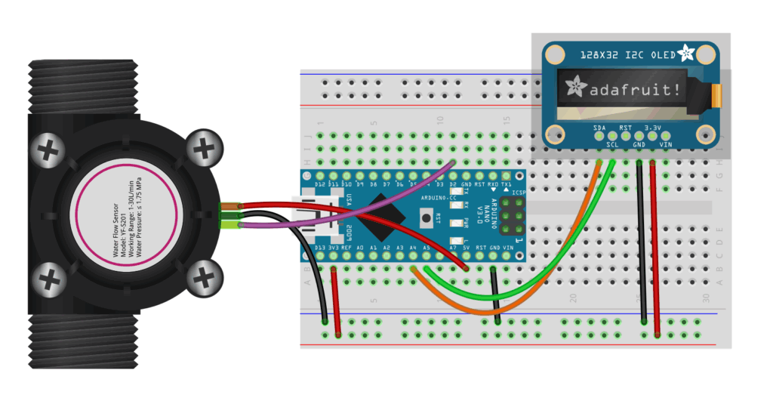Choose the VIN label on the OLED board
pyautogui.click(x=666, y=143)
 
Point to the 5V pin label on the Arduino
pyautogui.click(x=467, y=247)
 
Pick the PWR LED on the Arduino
pyautogui.click(x=455, y=222)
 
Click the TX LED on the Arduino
pyautogui.click(x=455, y=192)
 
